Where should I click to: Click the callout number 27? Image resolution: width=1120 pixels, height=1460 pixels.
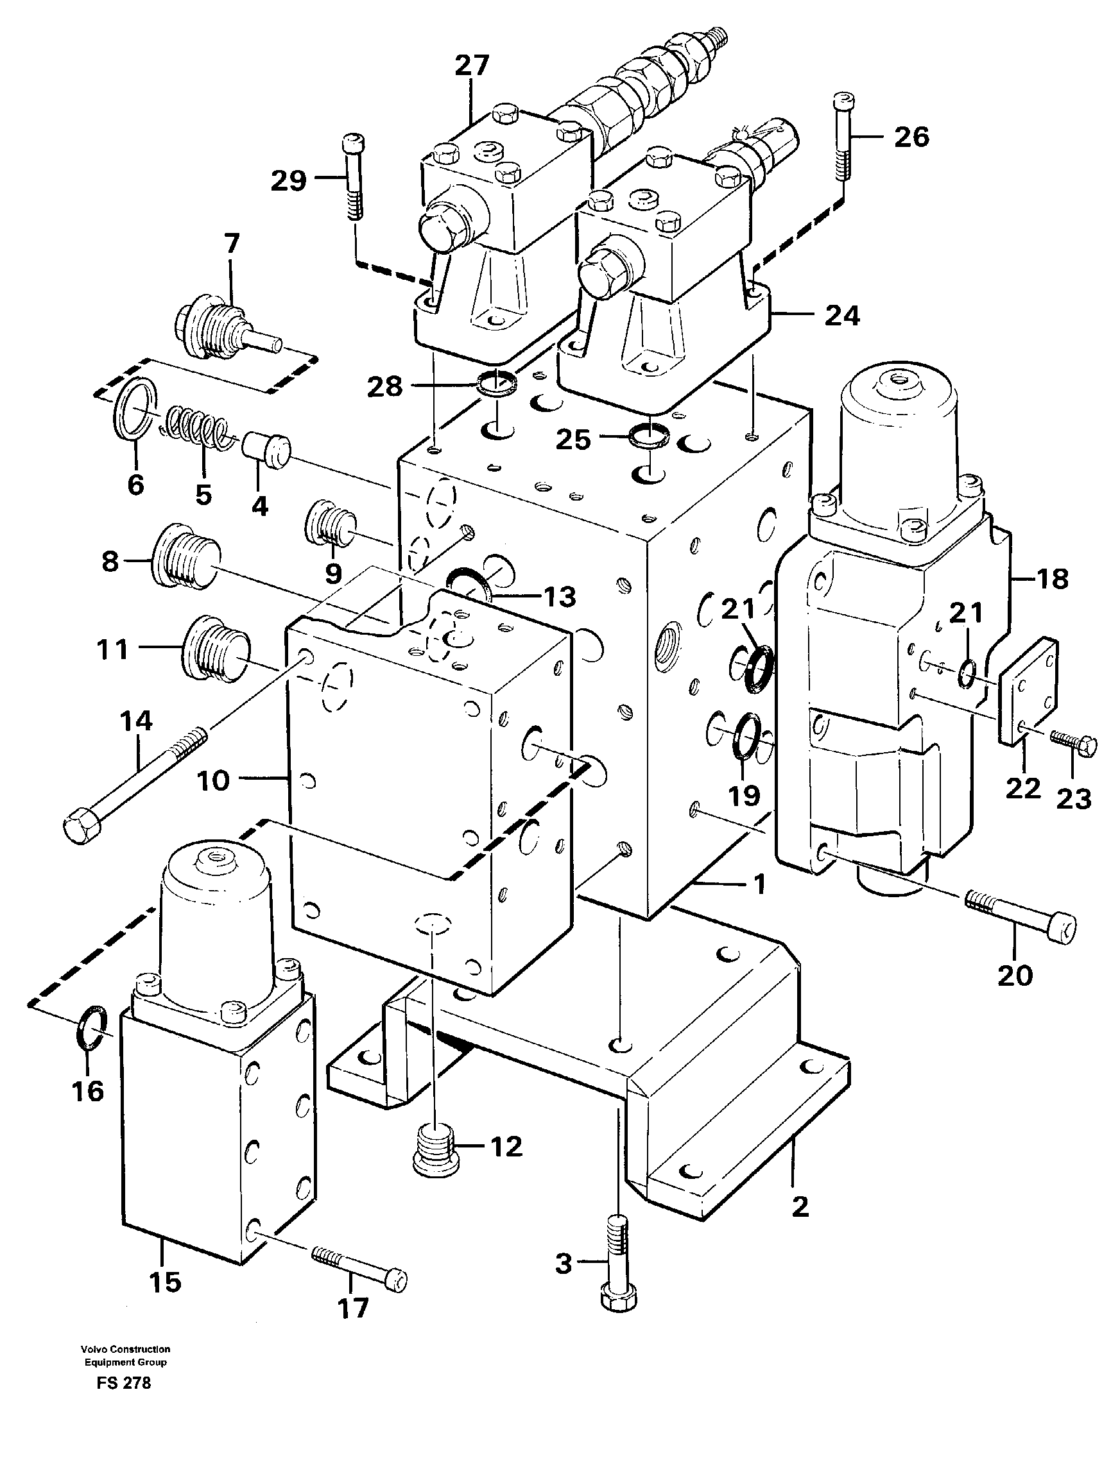[472, 66]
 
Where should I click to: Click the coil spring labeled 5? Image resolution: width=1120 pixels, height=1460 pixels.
[196, 429]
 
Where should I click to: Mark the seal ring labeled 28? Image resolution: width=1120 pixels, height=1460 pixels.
[496, 382]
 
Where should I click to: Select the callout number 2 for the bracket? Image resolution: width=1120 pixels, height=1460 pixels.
[800, 1206]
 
